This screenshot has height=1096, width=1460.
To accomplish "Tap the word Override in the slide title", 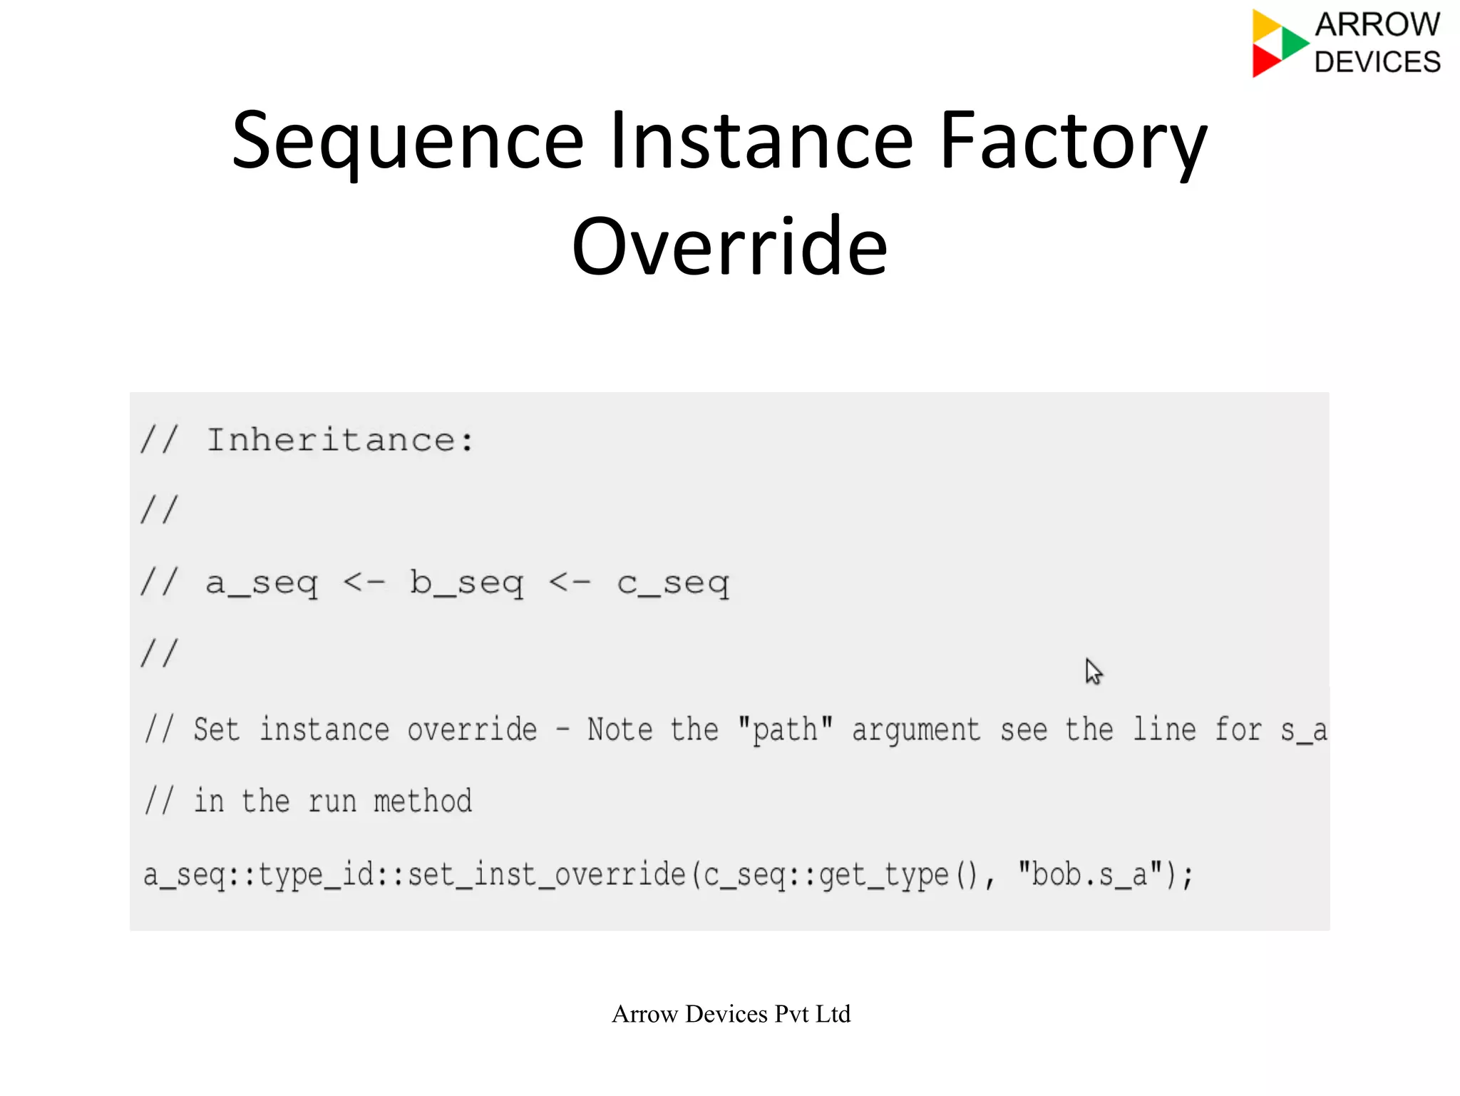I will (x=729, y=247).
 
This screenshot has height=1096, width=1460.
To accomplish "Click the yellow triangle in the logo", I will (x=1265, y=26).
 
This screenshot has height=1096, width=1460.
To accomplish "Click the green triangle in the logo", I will (x=1293, y=43).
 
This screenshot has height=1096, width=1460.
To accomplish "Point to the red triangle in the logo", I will (x=1265, y=61).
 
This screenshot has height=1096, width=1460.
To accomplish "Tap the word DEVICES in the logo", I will (x=1377, y=62).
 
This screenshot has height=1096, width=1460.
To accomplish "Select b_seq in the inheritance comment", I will (x=466, y=583).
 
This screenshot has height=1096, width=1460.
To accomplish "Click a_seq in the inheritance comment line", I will (x=262, y=583).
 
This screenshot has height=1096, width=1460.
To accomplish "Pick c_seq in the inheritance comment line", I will (x=673, y=583).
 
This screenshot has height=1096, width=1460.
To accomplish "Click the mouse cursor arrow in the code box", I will (x=1093, y=671).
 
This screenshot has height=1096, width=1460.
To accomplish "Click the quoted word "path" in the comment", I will (x=785, y=729).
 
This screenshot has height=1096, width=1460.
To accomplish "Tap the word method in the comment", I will (x=422, y=801).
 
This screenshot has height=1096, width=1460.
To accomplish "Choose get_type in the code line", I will (x=883, y=874).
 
